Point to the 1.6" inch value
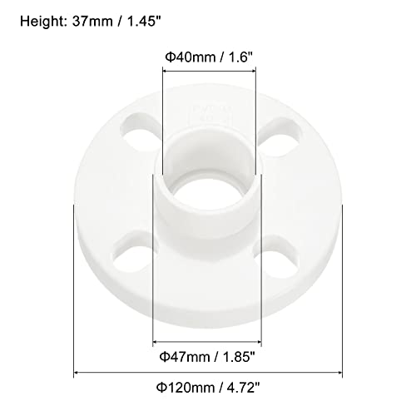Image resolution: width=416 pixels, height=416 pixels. [x=234, y=57]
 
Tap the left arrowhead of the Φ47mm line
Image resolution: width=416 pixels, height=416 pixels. [x=156, y=343]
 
